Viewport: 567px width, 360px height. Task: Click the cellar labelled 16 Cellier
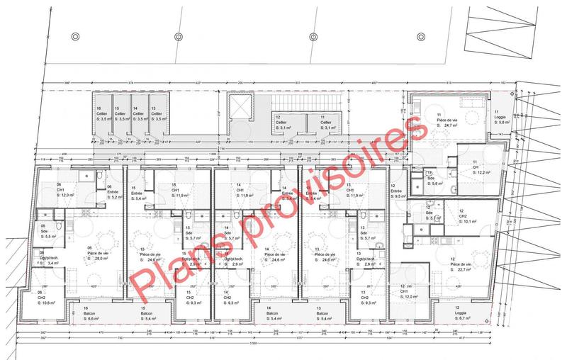tap(101, 115)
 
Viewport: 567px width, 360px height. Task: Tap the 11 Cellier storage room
tap(325, 122)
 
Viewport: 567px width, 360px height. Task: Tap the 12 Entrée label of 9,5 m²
tap(398, 191)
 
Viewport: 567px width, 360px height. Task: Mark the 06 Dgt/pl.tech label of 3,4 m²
tap(48, 258)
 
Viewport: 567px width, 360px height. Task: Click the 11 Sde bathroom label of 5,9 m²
tap(432, 179)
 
